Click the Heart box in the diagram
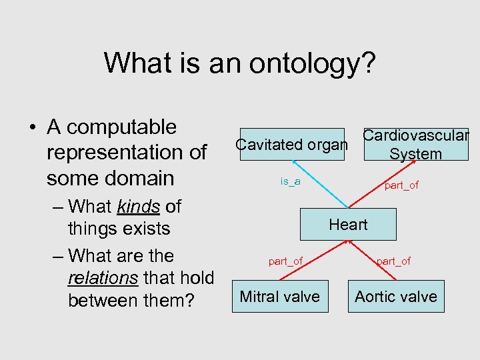(x=348, y=225)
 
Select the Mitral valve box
(x=279, y=297)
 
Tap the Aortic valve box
(x=396, y=297)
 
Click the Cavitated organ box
(x=291, y=145)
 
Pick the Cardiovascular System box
(x=416, y=145)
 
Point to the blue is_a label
(x=290, y=181)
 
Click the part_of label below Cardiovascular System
(x=401, y=185)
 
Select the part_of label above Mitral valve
(x=285, y=261)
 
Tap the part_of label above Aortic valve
(x=393, y=261)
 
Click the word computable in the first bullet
(x=122, y=127)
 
